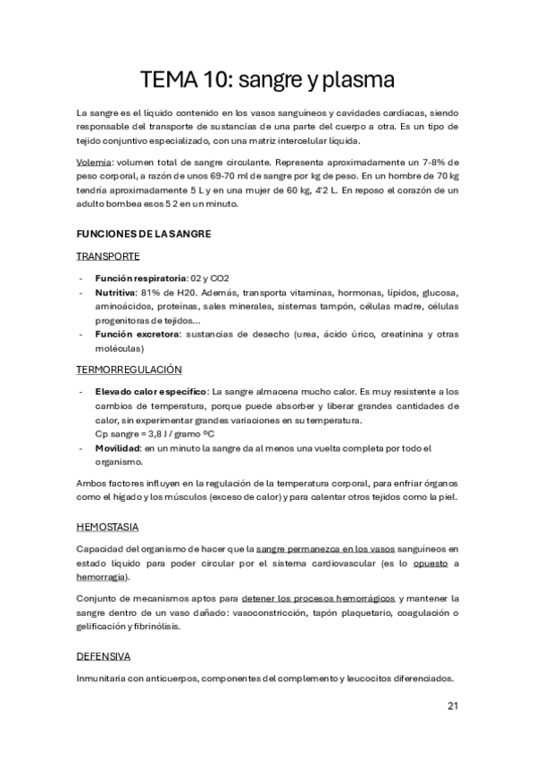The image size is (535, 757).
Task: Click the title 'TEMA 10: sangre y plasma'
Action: (267, 79)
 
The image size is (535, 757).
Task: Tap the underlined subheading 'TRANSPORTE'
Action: (108, 256)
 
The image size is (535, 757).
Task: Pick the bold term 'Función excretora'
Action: (133, 334)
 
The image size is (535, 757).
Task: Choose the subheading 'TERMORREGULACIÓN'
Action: (129, 369)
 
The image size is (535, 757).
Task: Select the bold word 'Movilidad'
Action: (117, 447)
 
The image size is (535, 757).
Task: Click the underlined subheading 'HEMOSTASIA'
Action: (107, 527)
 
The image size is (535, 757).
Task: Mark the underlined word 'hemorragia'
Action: (100, 577)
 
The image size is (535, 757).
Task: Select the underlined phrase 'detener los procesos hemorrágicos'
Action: (342, 598)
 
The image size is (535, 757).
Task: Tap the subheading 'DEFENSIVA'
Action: (104, 656)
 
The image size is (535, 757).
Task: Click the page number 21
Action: (452, 706)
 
